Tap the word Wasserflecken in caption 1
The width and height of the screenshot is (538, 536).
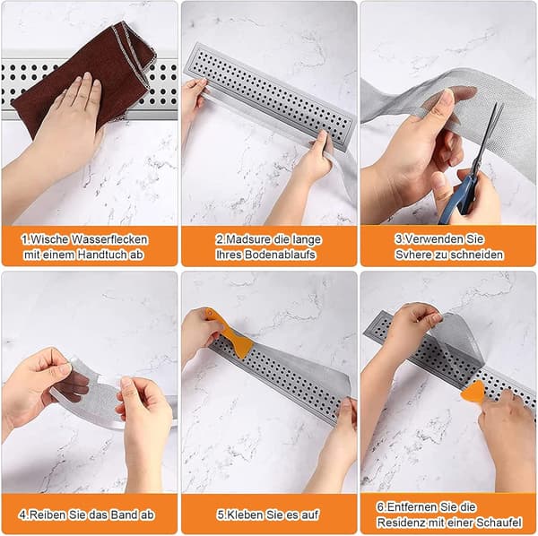109,239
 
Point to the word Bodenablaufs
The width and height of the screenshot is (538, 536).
280,255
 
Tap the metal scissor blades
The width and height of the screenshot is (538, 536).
487,137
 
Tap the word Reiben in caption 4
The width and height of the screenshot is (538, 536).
48,514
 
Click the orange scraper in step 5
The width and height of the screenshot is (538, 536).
230,332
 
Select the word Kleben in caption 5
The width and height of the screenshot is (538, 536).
245,514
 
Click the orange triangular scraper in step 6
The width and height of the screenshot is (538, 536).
473,392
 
